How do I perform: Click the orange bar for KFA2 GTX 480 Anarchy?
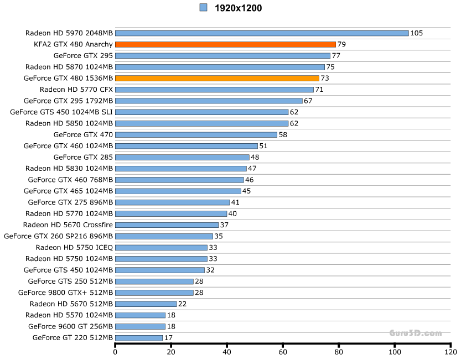(225, 44)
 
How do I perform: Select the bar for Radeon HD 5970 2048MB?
(262, 33)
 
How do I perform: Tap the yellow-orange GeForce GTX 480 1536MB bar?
(217, 78)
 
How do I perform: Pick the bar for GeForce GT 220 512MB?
(139, 337)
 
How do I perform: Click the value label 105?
(416, 33)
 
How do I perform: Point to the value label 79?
(341, 44)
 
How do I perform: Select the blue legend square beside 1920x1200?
(203, 8)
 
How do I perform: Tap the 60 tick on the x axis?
(283, 352)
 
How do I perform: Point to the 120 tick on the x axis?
(450, 352)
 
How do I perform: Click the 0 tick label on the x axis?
(115, 352)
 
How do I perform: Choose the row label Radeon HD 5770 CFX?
(76, 90)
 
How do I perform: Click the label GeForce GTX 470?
(83, 134)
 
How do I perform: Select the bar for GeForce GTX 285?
(182, 157)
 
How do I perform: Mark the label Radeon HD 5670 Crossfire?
(68, 225)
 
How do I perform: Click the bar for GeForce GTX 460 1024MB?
(187, 146)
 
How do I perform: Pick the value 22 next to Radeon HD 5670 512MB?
(182, 304)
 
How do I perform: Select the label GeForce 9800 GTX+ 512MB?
(65, 293)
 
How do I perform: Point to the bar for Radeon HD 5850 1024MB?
(201, 123)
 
